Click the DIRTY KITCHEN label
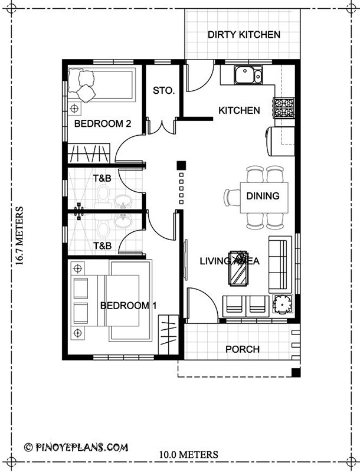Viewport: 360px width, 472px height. tap(244, 35)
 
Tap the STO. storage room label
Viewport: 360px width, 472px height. tap(163, 90)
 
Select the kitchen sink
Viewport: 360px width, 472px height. tap(248, 75)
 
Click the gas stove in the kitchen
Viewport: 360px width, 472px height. tap(283, 107)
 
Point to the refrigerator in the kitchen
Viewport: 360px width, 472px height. tap(280, 142)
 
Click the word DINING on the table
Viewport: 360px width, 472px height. tap(263, 196)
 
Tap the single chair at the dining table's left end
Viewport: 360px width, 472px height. tap(232, 198)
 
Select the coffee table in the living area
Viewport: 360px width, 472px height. tap(238, 268)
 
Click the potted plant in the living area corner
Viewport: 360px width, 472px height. tap(282, 304)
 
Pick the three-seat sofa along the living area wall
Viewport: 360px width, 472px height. tap(280, 264)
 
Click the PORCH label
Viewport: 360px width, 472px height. tap(243, 349)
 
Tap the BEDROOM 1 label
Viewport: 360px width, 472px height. tap(128, 306)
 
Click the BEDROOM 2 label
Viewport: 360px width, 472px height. tap(103, 123)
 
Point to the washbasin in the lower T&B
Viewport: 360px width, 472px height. tap(123, 222)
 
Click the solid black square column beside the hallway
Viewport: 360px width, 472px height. tap(181, 165)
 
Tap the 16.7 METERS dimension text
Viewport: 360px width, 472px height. tap(19, 235)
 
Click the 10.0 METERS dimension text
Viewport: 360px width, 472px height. tap(189, 454)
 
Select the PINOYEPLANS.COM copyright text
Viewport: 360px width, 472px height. tap(76, 447)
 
